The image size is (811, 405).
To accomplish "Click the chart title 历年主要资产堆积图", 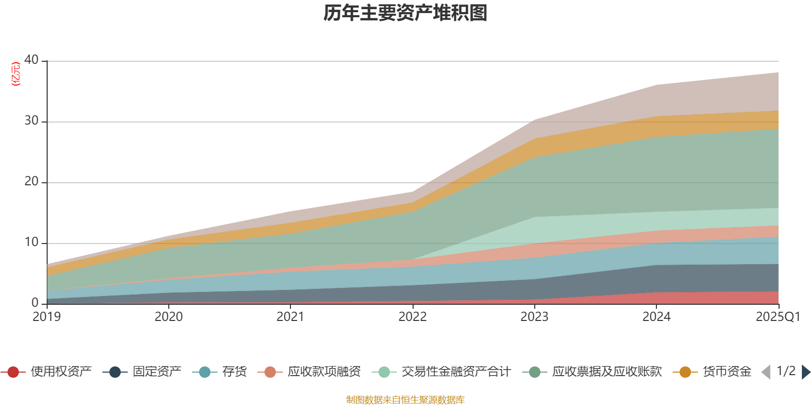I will pos(405,13).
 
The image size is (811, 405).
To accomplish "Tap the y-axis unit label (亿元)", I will pos(16,74).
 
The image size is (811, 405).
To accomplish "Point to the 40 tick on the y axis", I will pos(31,60).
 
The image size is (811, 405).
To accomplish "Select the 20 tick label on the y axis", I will pos(31,181).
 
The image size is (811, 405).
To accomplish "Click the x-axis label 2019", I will pos(47,317).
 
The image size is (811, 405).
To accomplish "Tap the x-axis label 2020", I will pos(169,317).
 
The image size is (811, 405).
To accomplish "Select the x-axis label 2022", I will pos(413,317).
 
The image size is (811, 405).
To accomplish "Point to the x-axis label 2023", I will pos(534,317).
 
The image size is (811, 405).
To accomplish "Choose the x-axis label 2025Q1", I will pos(778,317).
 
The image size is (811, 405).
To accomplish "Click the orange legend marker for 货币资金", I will pos(685,372).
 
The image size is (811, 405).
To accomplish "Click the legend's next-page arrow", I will pos(805,372).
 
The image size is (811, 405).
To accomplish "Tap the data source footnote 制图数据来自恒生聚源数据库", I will pos(405,400).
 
